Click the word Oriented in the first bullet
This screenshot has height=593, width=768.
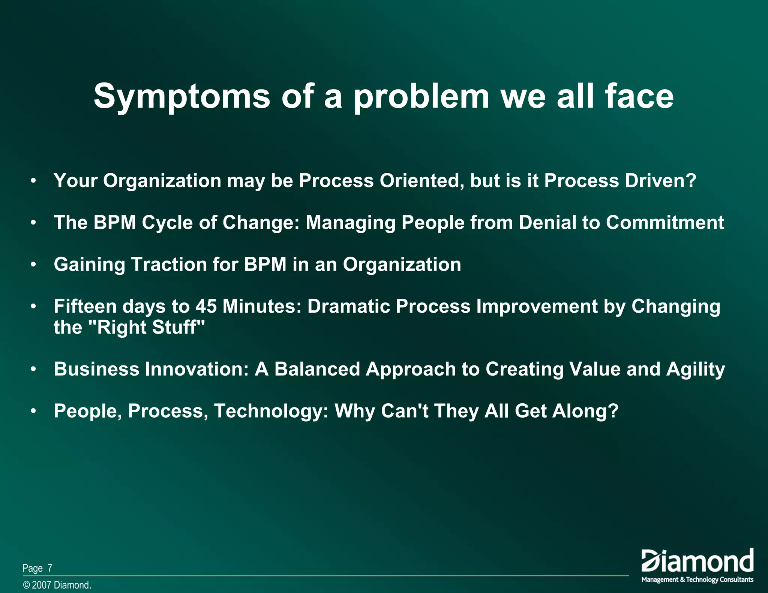tap(420, 181)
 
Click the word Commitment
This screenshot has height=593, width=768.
tap(665, 223)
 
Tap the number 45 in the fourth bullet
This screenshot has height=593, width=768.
tap(206, 306)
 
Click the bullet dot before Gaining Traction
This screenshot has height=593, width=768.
tap(34, 265)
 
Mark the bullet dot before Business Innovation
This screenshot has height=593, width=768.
tap(34, 369)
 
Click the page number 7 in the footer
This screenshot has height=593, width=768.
tap(49, 568)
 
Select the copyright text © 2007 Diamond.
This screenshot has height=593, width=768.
tap(57, 585)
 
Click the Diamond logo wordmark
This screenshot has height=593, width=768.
tap(697, 561)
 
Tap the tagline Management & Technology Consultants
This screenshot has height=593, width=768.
tap(697, 580)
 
